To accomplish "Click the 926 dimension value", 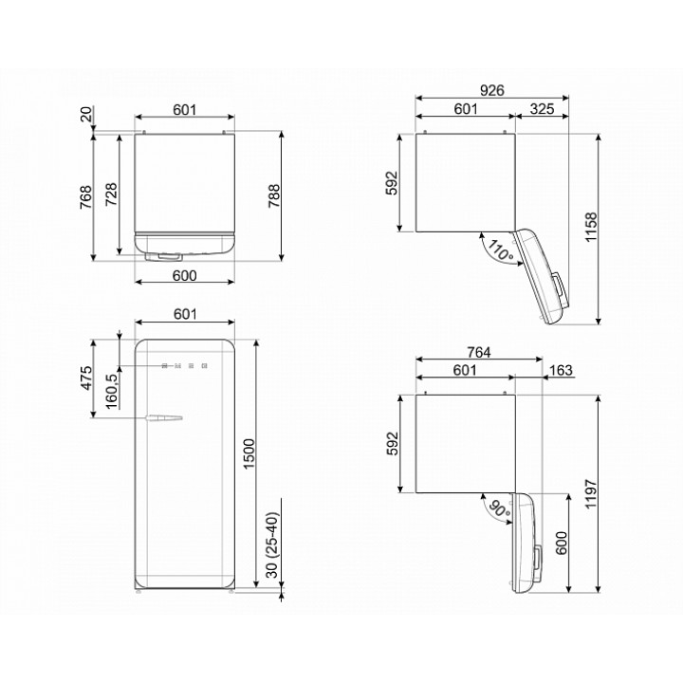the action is point(491,90).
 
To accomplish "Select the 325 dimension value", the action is point(542,109).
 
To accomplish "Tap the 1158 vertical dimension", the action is point(591,228).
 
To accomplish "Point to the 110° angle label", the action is point(500,250).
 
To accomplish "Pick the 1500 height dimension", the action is point(249,453).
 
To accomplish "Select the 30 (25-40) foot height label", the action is point(271,545).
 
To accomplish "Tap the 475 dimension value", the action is point(86,378).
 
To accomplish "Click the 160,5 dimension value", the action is point(112,391).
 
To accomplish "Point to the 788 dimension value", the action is point(274,196).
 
